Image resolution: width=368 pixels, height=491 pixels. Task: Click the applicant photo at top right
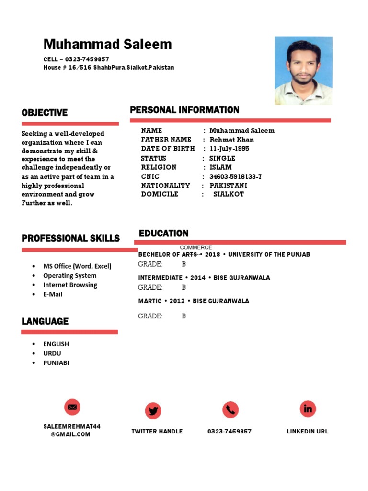click(x=303, y=70)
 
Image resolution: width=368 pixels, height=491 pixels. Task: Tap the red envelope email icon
click(x=72, y=407)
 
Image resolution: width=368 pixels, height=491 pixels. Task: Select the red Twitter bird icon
click(x=153, y=410)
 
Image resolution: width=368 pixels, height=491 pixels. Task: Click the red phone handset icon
click(x=230, y=409)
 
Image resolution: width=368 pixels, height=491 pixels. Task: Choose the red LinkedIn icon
click(x=308, y=409)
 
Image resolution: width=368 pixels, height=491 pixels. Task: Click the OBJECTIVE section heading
click(x=45, y=113)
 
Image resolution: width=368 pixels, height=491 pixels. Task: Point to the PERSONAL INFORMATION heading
click(x=184, y=110)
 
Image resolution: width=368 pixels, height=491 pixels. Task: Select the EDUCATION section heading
click(x=163, y=234)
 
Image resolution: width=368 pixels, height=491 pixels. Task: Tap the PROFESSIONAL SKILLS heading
click(x=70, y=238)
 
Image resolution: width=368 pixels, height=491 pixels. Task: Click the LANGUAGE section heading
click(x=45, y=321)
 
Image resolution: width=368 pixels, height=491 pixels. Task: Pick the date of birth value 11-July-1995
click(x=229, y=149)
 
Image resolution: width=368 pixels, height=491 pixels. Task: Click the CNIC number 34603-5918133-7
click(x=235, y=176)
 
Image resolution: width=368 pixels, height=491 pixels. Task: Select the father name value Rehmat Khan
click(x=231, y=140)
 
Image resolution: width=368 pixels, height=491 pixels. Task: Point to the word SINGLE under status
click(x=222, y=158)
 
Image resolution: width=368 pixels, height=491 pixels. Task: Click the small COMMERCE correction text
click(x=196, y=247)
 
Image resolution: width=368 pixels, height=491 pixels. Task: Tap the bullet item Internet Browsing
click(x=70, y=285)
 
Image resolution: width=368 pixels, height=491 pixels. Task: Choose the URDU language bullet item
click(x=52, y=353)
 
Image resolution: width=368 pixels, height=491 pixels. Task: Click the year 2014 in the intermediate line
click(x=197, y=278)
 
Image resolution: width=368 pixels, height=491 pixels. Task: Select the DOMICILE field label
click(x=160, y=194)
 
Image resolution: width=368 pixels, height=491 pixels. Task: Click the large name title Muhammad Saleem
click(x=107, y=45)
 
